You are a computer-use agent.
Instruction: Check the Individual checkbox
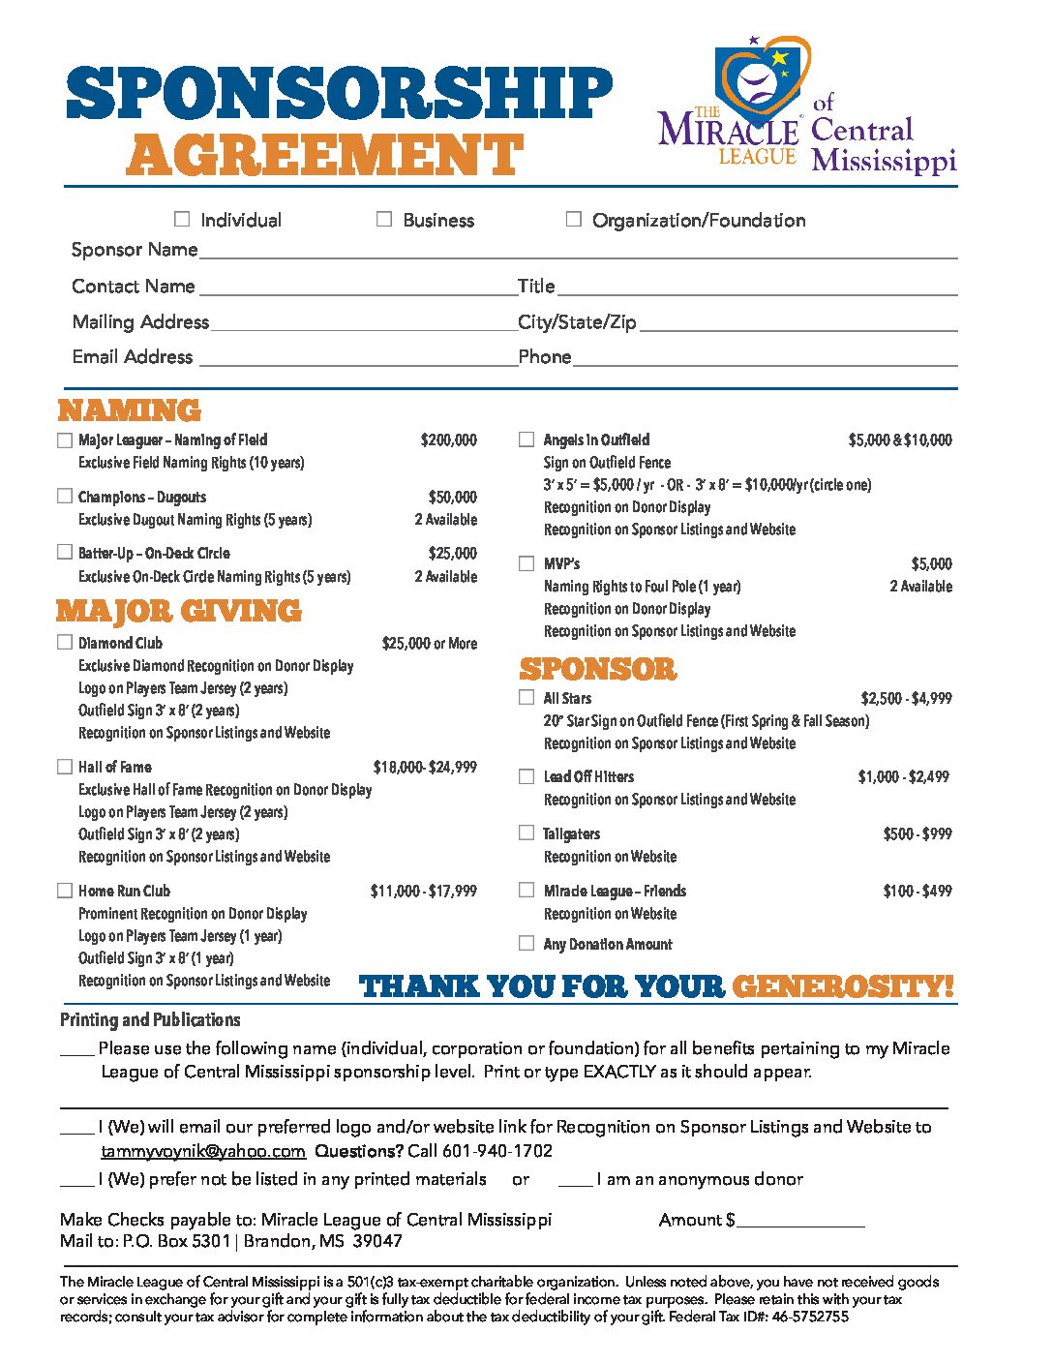(182, 220)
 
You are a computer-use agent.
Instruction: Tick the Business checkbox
(384, 220)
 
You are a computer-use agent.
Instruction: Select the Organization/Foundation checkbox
(574, 220)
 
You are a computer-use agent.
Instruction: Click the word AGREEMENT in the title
(324, 155)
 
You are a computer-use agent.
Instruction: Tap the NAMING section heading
(129, 410)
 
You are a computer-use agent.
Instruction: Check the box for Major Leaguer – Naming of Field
(65, 440)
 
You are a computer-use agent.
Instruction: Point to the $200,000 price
(448, 440)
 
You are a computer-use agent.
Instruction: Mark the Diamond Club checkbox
(65, 643)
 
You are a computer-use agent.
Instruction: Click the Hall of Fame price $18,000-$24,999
(425, 767)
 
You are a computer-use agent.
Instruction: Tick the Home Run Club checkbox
(65, 891)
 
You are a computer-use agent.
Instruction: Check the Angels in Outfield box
(526, 439)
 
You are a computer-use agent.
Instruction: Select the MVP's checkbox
(526, 563)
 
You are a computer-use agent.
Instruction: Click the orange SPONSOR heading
(598, 669)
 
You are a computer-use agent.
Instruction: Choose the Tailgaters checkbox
(526, 833)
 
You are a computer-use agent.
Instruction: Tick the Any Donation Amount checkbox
(526, 943)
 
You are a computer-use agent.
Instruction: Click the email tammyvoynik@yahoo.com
(203, 1151)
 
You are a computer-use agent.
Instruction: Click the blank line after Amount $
(800, 1221)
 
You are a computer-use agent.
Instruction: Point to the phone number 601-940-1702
(497, 1151)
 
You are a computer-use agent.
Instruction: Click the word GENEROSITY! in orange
(843, 986)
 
